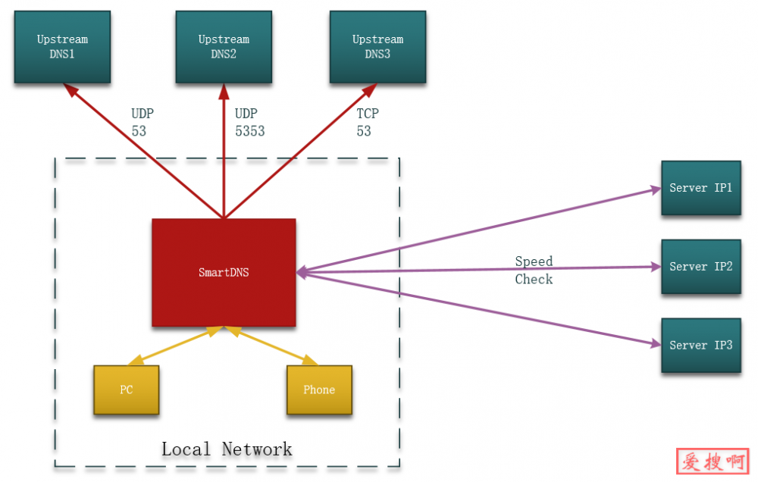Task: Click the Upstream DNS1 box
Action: [62, 47]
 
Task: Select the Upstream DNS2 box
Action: [224, 47]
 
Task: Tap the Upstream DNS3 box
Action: [377, 47]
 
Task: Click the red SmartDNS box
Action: [224, 273]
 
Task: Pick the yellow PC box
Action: [127, 390]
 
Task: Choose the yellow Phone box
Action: [319, 390]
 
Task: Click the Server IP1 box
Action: [701, 188]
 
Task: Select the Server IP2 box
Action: [701, 267]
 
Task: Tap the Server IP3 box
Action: [701, 346]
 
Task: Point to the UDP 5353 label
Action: [249, 122]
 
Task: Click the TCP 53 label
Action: [368, 122]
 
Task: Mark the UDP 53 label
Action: [142, 122]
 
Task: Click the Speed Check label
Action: [534, 271]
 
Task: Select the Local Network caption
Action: [227, 449]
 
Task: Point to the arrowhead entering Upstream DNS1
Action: [70, 89]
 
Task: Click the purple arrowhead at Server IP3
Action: [656, 344]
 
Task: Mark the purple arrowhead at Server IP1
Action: [656, 189]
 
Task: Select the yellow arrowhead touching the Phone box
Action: [310, 361]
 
